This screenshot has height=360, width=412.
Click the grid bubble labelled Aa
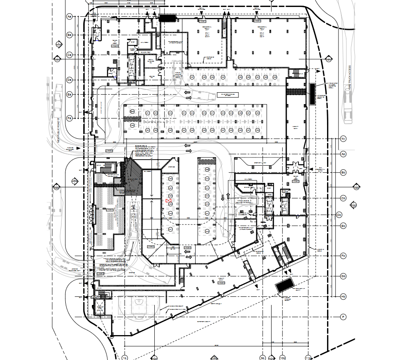tap(69, 17)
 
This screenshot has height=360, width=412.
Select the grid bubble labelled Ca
tap(69, 54)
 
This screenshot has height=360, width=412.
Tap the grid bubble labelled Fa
tap(69, 118)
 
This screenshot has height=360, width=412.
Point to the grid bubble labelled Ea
tap(69, 94)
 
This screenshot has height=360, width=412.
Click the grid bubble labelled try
tap(343, 139)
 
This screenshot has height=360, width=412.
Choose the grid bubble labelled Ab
tap(343, 154)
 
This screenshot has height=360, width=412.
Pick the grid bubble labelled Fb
tap(343, 256)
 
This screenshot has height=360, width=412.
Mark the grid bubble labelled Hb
tap(343, 296)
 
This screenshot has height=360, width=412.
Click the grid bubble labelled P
tap(343, 317)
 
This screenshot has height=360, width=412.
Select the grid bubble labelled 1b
tap(125, 358)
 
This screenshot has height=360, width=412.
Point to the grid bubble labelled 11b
tap(309, 358)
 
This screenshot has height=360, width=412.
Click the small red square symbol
tap(167, 201)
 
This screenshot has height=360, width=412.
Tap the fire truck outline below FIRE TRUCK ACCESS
tap(348, 107)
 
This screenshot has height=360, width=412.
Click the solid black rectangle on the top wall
tap(167, 18)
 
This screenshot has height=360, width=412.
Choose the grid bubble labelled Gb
tap(343, 276)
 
